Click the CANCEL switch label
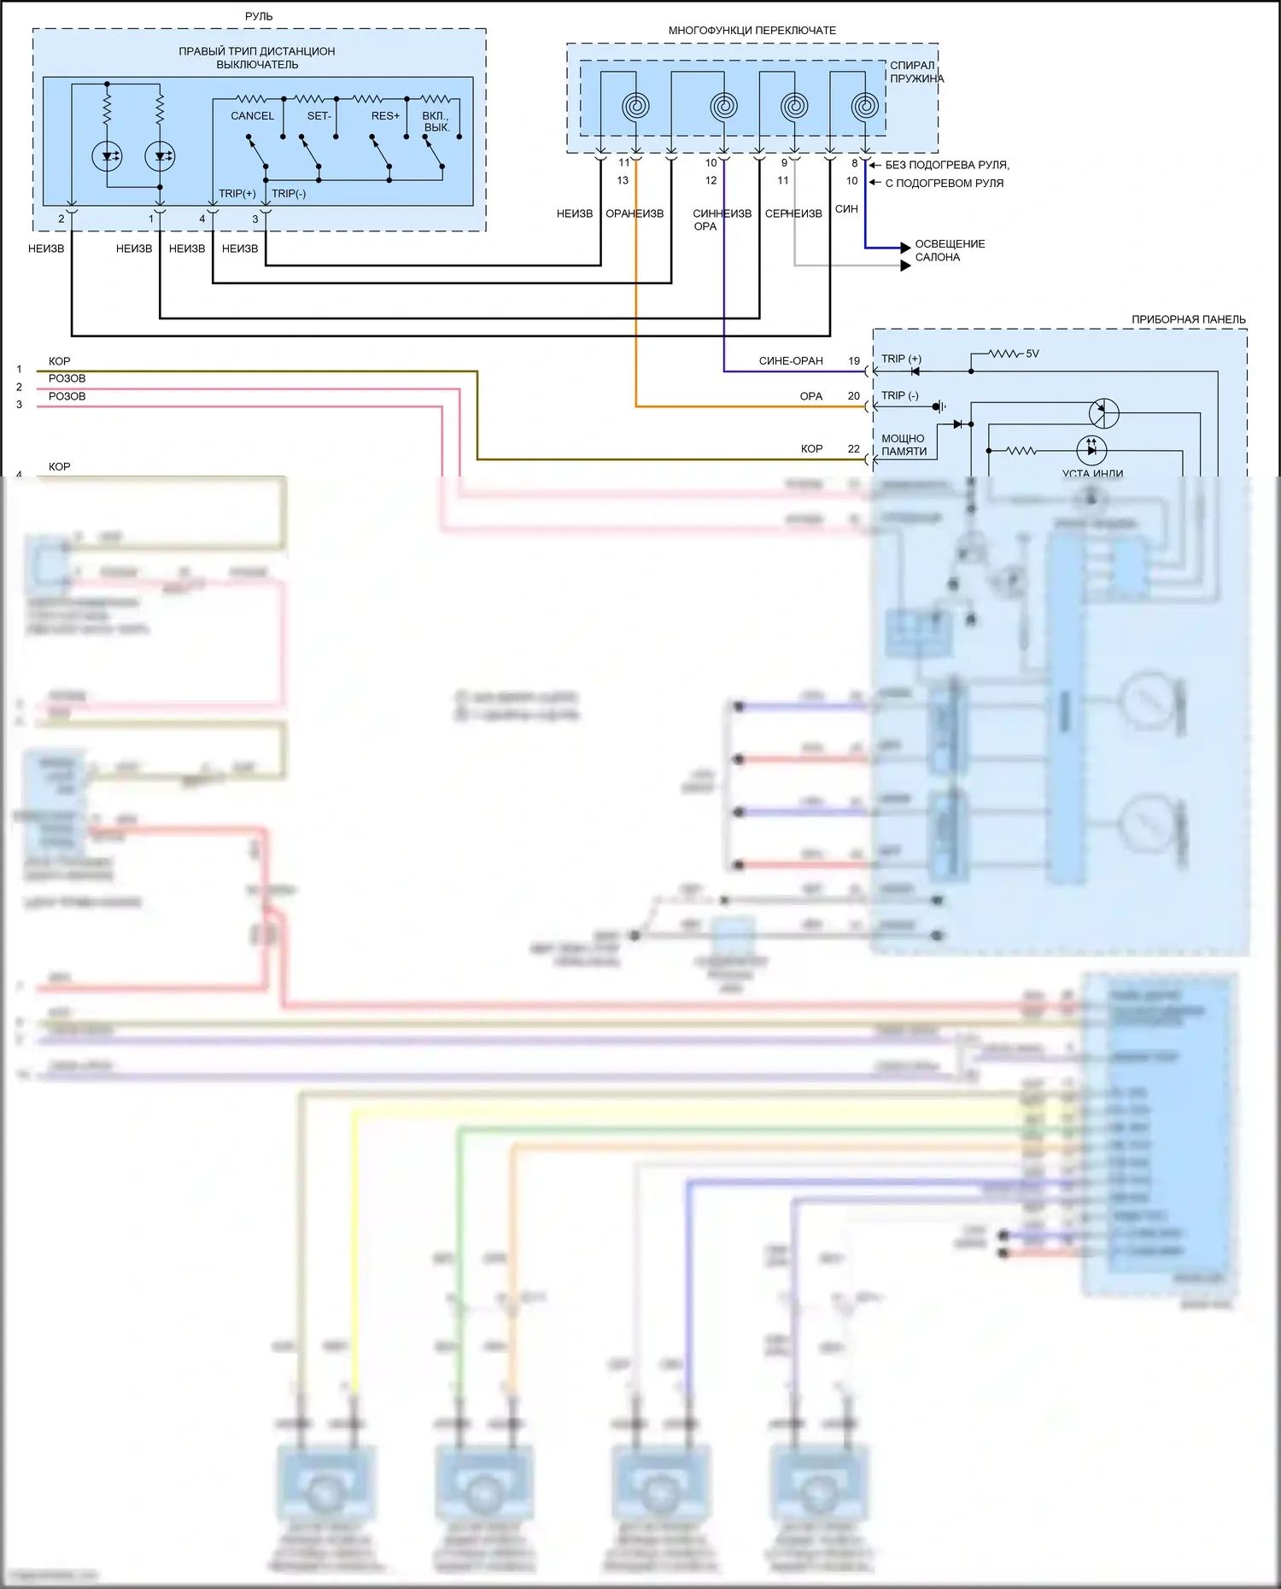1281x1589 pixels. click(x=252, y=116)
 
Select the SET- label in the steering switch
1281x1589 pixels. click(x=319, y=116)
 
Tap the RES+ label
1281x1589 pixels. click(x=385, y=116)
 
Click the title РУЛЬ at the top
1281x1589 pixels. click(x=259, y=16)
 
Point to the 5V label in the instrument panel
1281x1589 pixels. click(x=1032, y=353)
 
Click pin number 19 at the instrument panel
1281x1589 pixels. click(x=854, y=361)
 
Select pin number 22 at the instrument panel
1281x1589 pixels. click(x=854, y=449)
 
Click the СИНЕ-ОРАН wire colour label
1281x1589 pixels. click(x=791, y=361)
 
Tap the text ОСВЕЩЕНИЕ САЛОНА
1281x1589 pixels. click(x=950, y=250)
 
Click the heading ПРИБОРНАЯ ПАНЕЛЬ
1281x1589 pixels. click(x=1188, y=319)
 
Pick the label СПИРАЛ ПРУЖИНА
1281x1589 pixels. click(x=916, y=72)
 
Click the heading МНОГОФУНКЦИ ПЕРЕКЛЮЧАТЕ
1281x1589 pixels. click(x=752, y=31)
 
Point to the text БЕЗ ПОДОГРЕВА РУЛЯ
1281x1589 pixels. click(x=947, y=165)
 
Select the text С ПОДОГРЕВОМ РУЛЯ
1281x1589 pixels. click(x=944, y=183)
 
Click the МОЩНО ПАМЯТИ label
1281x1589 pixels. click(x=904, y=445)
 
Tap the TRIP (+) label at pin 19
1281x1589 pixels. click(x=901, y=359)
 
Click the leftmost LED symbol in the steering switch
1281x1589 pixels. click(x=107, y=156)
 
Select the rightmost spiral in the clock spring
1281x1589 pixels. click(x=865, y=107)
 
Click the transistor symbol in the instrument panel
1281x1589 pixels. click(x=1103, y=412)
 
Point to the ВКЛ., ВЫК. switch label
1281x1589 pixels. click(x=436, y=121)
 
